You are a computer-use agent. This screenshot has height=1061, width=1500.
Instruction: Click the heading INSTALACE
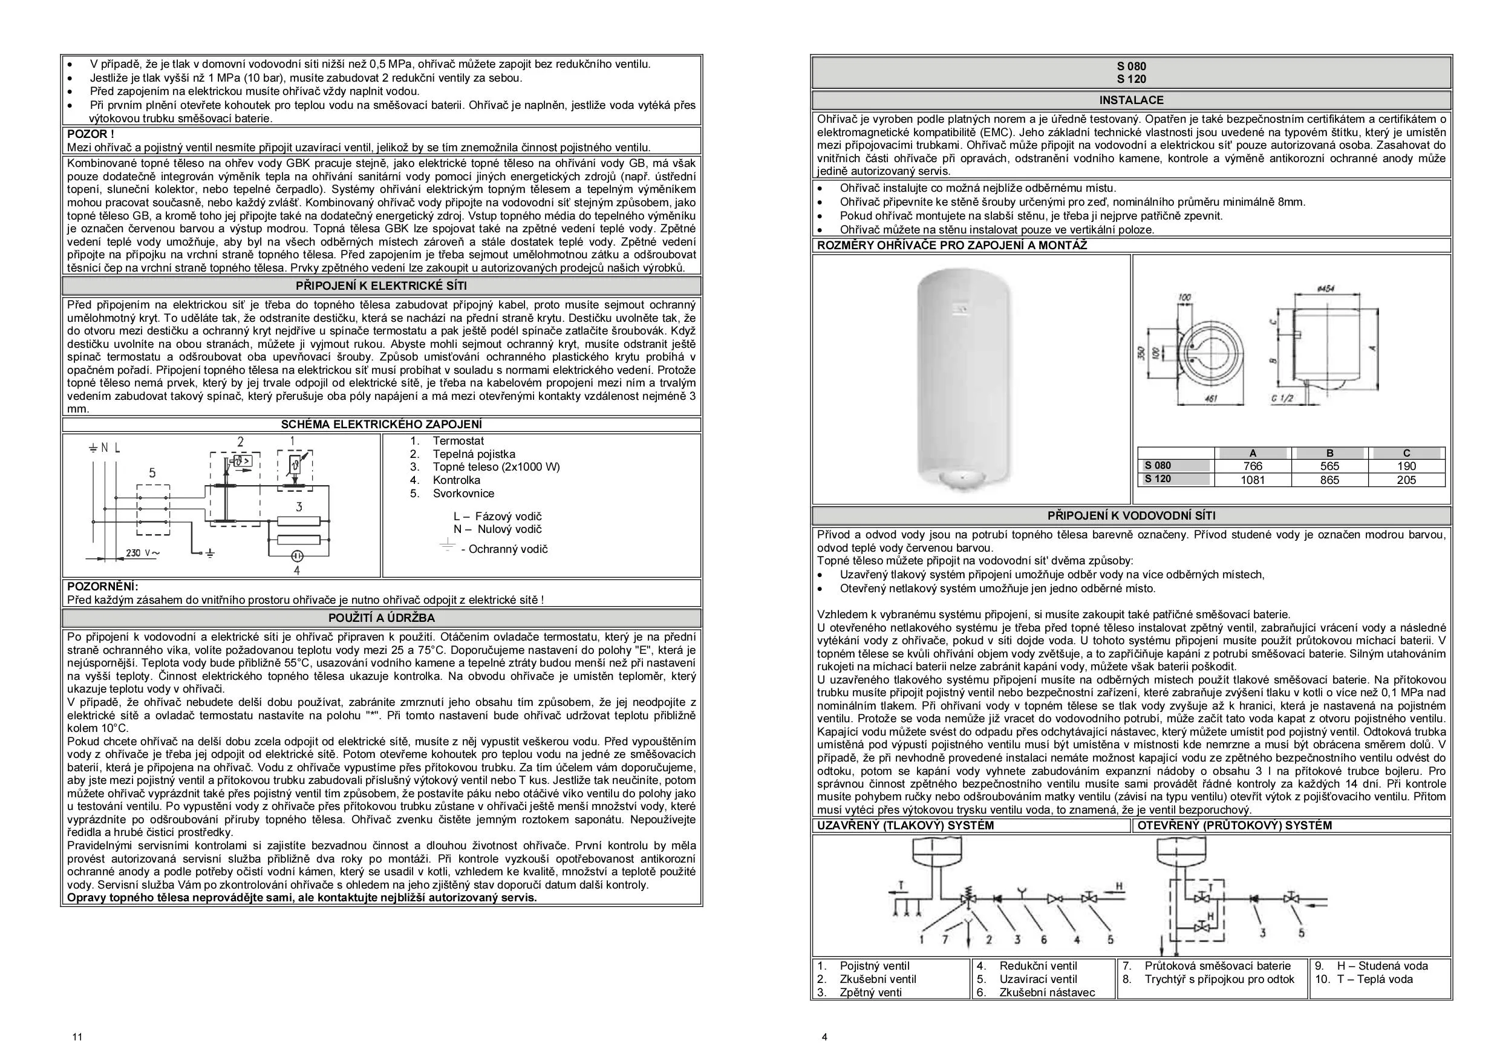pyautogui.click(x=1132, y=100)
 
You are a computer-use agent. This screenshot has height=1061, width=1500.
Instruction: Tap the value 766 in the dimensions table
pyautogui.click(x=1253, y=466)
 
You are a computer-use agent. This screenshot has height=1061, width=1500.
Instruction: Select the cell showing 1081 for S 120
pyautogui.click(x=1253, y=480)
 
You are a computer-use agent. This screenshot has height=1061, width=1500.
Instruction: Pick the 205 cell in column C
pyautogui.click(x=1406, y=480)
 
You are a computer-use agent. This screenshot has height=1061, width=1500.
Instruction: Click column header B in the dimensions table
pyautogui.click(x=1329, y=452)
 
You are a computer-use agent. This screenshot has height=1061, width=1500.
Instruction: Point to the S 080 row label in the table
pyautogui.click(x=1158, y=466)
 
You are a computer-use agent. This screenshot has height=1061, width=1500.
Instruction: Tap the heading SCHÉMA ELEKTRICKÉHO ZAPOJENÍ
pyautogui.click(x=382, y=425)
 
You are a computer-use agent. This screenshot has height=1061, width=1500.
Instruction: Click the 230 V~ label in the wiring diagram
pyautogui.click(x=142, y=553)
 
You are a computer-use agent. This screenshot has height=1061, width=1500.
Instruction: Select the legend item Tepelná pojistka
pyautogui.click(x=474, y=454)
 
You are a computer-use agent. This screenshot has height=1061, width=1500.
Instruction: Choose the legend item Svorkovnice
pyautogui.click(x=463, y=493)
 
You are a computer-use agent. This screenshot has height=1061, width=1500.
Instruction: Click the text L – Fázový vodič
pyautogui.click(x=497, y=516)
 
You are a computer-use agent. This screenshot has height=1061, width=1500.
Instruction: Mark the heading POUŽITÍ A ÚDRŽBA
pyautogui.click(x=382, y=618)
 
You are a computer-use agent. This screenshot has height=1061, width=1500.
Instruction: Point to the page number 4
pyautogui.click(x=824, y=1037)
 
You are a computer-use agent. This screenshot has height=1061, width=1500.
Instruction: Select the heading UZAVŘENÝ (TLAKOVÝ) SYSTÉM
pyautogui.click(x=905, y=826)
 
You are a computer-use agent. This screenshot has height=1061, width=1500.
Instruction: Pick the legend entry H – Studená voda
pyautogui.click(x=1381, y=965)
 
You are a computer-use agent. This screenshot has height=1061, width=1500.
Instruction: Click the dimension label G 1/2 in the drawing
pyautogui.click(x=1283, y=397)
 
